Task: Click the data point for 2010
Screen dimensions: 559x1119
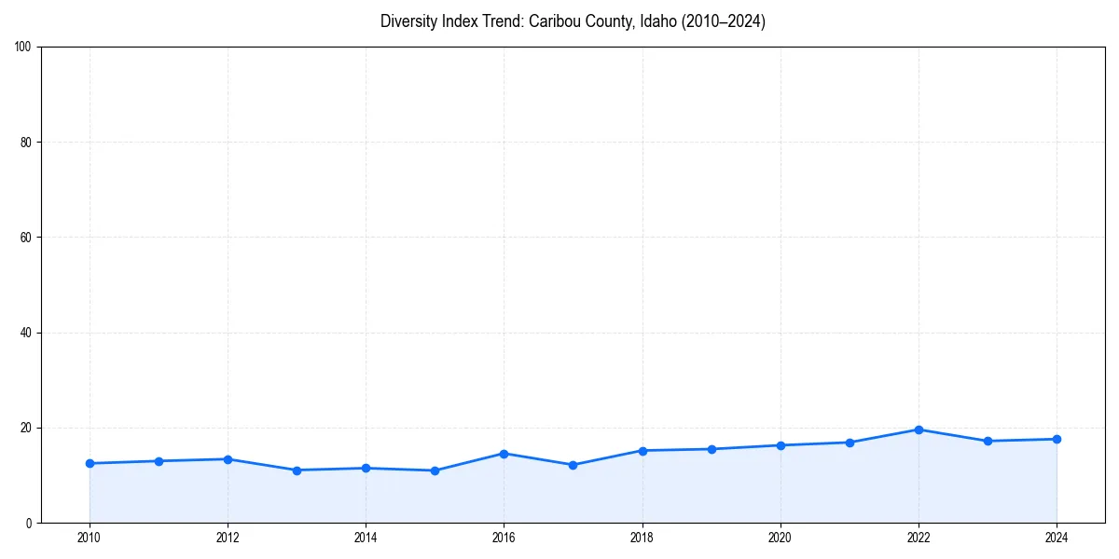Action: click(x=90, y=463)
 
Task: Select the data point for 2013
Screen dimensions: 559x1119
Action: click(x=297, y=470)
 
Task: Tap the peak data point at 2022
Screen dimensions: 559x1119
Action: click(x=919, y=429)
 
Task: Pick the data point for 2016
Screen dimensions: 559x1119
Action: click(x=504, y=454)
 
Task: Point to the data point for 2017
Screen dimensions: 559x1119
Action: click(x=573, y=465)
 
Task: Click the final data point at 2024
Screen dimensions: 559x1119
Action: click(x=1057, y=439)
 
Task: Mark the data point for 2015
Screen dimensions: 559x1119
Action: click(x=435, y=470)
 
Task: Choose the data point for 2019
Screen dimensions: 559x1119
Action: click(x=711, y=449)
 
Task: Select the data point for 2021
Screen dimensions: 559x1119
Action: click(x=850, y=443)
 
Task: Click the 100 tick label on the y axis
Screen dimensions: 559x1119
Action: click(x=23, y=48)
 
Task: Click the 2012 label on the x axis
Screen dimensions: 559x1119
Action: click(x=228, y=538)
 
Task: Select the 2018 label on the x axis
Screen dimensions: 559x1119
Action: click(x=642, y=538)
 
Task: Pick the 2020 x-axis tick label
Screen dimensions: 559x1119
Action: click(x=781, y=538)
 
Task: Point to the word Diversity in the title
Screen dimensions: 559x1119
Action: click(x=408, y=21)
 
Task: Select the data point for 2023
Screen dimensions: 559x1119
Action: click(x=988, y=441)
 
